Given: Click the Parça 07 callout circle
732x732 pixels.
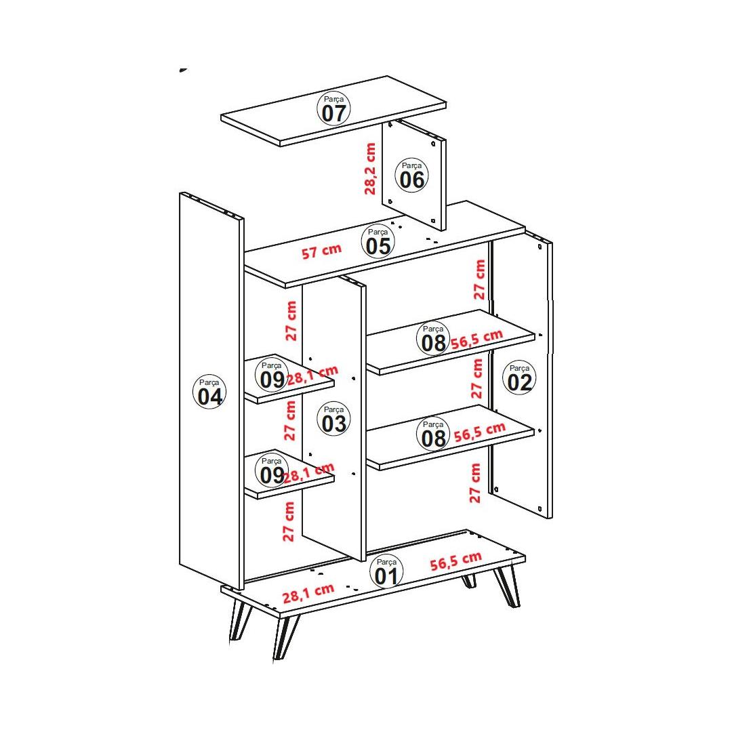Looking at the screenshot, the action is [333, 108].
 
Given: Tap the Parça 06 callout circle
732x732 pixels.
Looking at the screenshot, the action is [412, 175].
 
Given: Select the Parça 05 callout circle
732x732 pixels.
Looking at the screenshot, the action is [378, 242].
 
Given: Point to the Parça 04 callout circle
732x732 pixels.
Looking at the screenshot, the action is [209, 392].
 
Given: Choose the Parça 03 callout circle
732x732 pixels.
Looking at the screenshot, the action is [333, 419].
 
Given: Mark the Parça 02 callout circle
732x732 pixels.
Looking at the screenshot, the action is [519, 378].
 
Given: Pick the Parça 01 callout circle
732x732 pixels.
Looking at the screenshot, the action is [386, 571].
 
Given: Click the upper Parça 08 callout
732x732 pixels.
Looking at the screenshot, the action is [433, 338].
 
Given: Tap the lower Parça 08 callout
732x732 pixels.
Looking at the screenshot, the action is [433, 434].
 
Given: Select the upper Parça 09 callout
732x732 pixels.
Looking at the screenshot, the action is [272, 375].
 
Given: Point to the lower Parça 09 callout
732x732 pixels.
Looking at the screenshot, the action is [272, 470].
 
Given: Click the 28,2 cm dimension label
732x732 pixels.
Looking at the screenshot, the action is [370, 169].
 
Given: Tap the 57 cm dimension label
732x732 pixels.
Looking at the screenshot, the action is [322, 251].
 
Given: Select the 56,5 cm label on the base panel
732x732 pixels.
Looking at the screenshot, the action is [455, 561].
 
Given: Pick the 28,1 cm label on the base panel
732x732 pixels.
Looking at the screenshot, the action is [308, 593].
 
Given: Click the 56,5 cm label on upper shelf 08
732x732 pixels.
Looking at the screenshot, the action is [476, 339].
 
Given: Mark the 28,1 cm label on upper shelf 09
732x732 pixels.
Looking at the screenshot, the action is [312, 375].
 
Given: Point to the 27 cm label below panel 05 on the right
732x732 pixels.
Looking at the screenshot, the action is [479, 280].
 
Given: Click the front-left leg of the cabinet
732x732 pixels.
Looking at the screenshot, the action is [286, 636].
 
